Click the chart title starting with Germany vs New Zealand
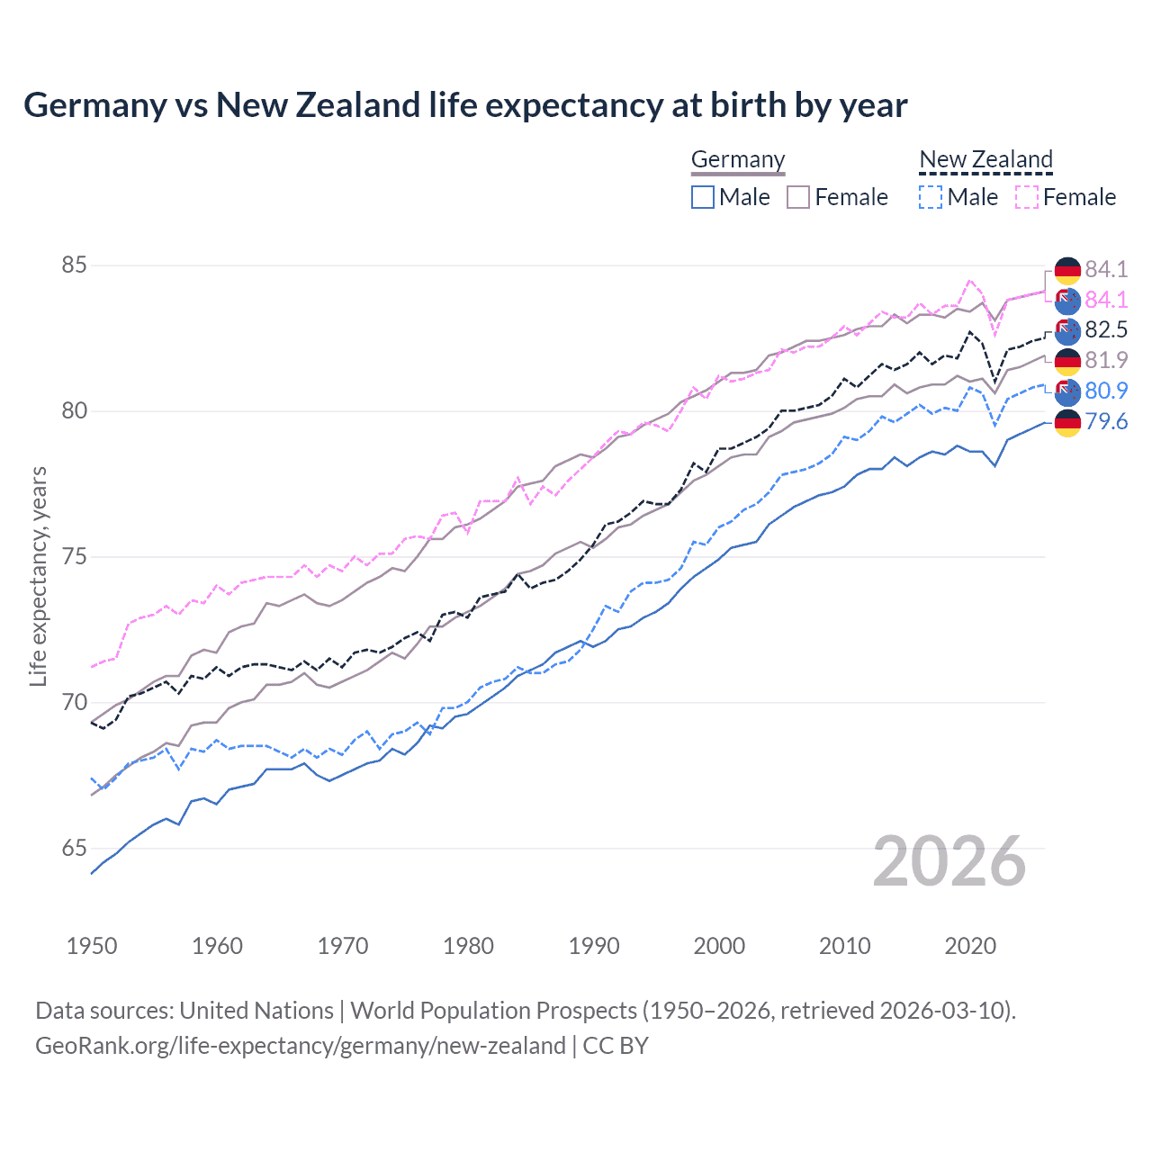click(x=465, y=105)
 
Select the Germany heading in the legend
click(x=738, y=159)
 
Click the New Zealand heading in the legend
click(x=985, y=159)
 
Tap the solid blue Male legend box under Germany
click(x=703, y=197)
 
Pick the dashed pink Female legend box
click(x=1027, y=197)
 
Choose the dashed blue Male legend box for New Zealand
click(x=931, y=197)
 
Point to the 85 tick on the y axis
click(x=74, y=265)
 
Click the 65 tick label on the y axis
click(x=74, y=848)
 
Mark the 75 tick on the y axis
click(x=74, y=557)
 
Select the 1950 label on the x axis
click(x=92, y=946)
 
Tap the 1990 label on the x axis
click(x=594, y=946)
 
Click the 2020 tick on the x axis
click(x=970, y=946)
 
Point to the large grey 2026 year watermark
click(x=949, y=861)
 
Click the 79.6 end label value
click(x=1106, y=421)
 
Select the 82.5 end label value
click(x=1106, y=329)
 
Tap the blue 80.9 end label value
click(x=1106, y=391)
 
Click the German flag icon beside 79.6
click(x=1067, y=422)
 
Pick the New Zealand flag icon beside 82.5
click(x=1067, y=330)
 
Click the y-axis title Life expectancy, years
click(x=38, y=576)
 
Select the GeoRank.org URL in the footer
click(x=301, y=1046)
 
